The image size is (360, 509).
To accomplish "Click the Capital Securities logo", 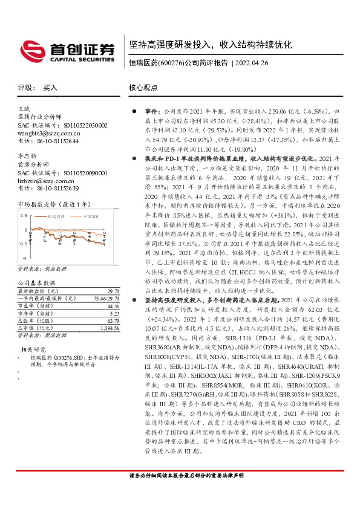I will (x=67, y=50).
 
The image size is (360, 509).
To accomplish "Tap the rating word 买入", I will (x=50, y=88).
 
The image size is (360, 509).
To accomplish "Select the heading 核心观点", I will (x=143, y=88).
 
